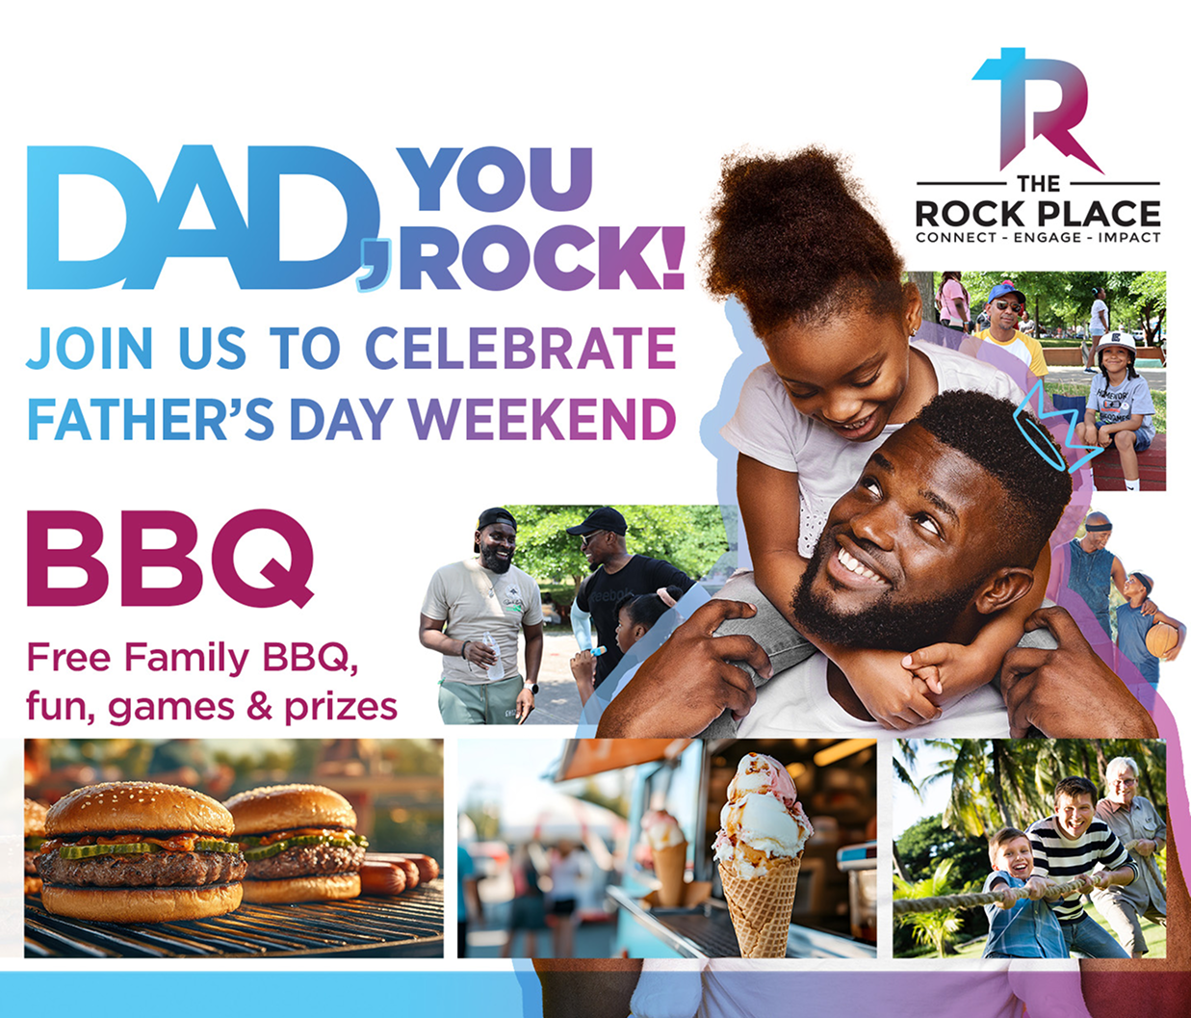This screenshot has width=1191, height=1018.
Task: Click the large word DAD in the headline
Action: click(203, 218)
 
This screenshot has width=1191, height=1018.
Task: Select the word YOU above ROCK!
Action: click(497, 179)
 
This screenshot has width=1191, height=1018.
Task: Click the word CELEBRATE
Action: click(520, 349)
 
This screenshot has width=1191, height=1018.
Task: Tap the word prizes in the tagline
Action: click(341, 708)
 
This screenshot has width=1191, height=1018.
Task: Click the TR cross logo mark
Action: click(1037, 111)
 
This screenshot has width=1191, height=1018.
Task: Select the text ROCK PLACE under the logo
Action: click(1038, 214)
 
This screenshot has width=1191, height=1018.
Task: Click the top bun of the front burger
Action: click(139, 810)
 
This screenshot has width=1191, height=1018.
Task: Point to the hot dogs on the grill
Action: click(398, 872)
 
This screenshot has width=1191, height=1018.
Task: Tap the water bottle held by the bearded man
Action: click(493, 656)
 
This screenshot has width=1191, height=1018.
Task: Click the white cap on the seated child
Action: click(1116, 344)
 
